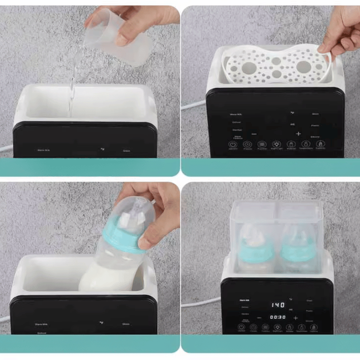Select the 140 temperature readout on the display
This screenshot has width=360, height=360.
[x=277, y=305]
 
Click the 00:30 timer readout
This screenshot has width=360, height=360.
[x=277, y=317]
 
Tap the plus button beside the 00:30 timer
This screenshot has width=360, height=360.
[x=295, y=317]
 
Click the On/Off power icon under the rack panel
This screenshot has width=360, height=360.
[x=233, y=145]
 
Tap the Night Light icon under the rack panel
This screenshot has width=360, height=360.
[x=277, y=145]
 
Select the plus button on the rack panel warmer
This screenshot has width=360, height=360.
[x=298, y=134]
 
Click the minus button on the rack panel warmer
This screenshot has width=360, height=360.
[x=254, y=134]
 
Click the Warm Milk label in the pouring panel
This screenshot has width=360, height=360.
[x=43, y=150]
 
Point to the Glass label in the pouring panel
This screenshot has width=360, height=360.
[x=127, y=151]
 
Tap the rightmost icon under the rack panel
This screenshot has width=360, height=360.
[x=320, y=145]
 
